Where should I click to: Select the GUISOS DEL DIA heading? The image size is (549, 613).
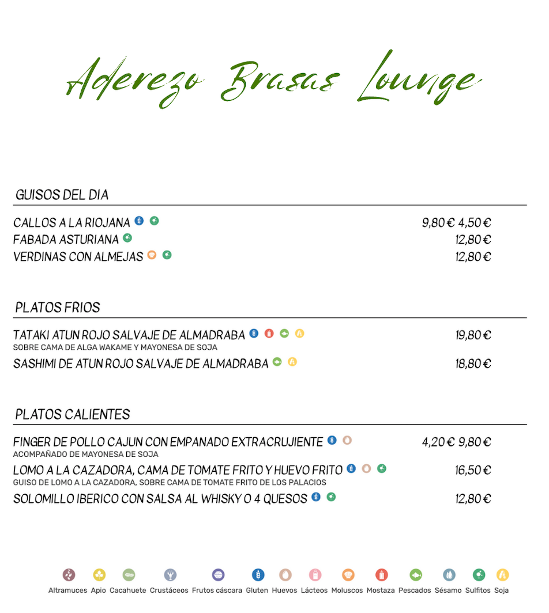(x=62, y=195)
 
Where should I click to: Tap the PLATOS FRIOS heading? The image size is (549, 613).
(x=58, y=308)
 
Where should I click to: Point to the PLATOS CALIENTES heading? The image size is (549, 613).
(x=73, y=415)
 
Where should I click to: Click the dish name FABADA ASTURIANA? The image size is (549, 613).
(x=66, y=240)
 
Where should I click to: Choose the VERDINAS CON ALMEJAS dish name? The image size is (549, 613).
(x=78, y=257)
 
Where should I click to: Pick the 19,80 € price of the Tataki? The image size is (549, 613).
(x=473, y=335)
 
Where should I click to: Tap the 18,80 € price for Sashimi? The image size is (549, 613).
(x=473, y=364)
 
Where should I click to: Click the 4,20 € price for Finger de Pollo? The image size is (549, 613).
(x=438, y=442)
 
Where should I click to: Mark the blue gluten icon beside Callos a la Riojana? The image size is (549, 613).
(x=139, y=221)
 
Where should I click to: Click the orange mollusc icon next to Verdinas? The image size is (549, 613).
(x=152, y=255)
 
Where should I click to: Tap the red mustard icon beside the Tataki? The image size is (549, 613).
(x=269, y=333)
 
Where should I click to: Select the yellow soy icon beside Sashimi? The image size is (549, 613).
(x=292, y=362)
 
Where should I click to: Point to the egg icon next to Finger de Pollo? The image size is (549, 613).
(x=347, y=440)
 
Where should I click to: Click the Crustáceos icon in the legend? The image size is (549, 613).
(x=170, y=574)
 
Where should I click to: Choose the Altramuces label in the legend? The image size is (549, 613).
(x=67, y=591)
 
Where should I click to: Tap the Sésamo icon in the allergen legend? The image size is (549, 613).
(x=449, y=574)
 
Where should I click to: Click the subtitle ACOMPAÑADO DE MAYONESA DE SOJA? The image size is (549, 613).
(x=86, y=455)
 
